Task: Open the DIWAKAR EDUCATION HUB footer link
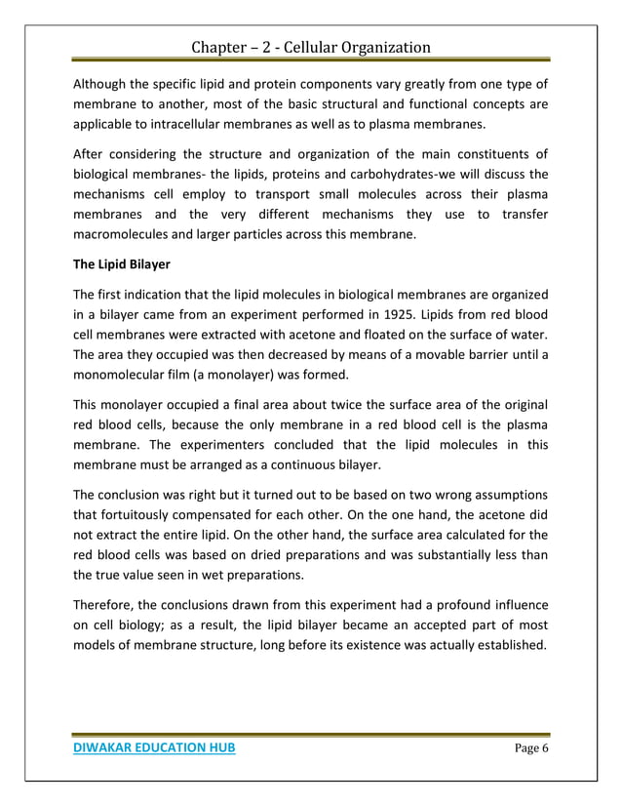pyautogui.click(x=154, y=747)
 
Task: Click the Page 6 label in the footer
pyautogui.click(x=527, y=747)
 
